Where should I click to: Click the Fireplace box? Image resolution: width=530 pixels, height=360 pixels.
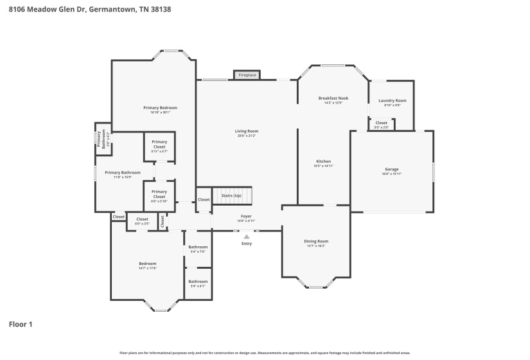pyautogui.click(x=247, y=75)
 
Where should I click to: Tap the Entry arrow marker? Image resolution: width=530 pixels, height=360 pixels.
pyautogui.click(x=247, y=237)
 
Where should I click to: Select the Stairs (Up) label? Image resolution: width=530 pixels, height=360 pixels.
pyautogui.click(x=232, y=195)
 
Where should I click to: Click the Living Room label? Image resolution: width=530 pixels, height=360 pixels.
pyautogui.click(x=247, y=133)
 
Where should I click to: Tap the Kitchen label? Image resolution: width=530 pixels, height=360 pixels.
pyautogui.click(x=323, y=163)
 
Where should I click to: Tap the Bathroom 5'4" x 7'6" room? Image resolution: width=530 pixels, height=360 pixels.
pyautogui.click(x=198, y=249)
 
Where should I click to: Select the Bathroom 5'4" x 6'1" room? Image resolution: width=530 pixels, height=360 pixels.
pyautogui.click(x=198, y=283)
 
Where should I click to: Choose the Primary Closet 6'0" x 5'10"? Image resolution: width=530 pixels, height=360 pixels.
pyautogui.click(x=159, y=196)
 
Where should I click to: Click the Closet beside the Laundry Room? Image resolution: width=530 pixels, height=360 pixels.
pyautogui.click(x=381, y=124)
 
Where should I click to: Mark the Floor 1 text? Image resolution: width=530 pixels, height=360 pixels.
pyautogui.click(x=20, y=324)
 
